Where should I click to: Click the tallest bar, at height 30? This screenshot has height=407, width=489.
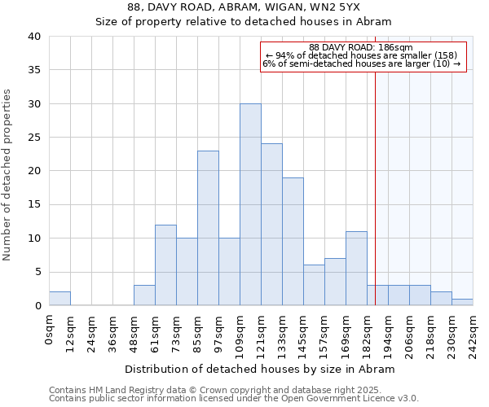[x=250, y=204]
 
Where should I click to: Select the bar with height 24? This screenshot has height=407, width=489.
[x=271, y=225]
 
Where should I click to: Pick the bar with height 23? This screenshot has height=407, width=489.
[x=208, y=228]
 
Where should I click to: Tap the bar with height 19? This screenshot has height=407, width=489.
[x=293, y=242]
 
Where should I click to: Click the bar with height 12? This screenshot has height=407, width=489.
[x=165, y=265]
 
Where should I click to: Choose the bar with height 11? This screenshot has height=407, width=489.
[x=356, y=269]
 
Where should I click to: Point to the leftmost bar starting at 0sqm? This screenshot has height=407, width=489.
[x=59, y=299]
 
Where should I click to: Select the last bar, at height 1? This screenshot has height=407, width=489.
[x=462, y=302]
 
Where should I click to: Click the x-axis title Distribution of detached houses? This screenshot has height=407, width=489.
[x=261, y=369]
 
